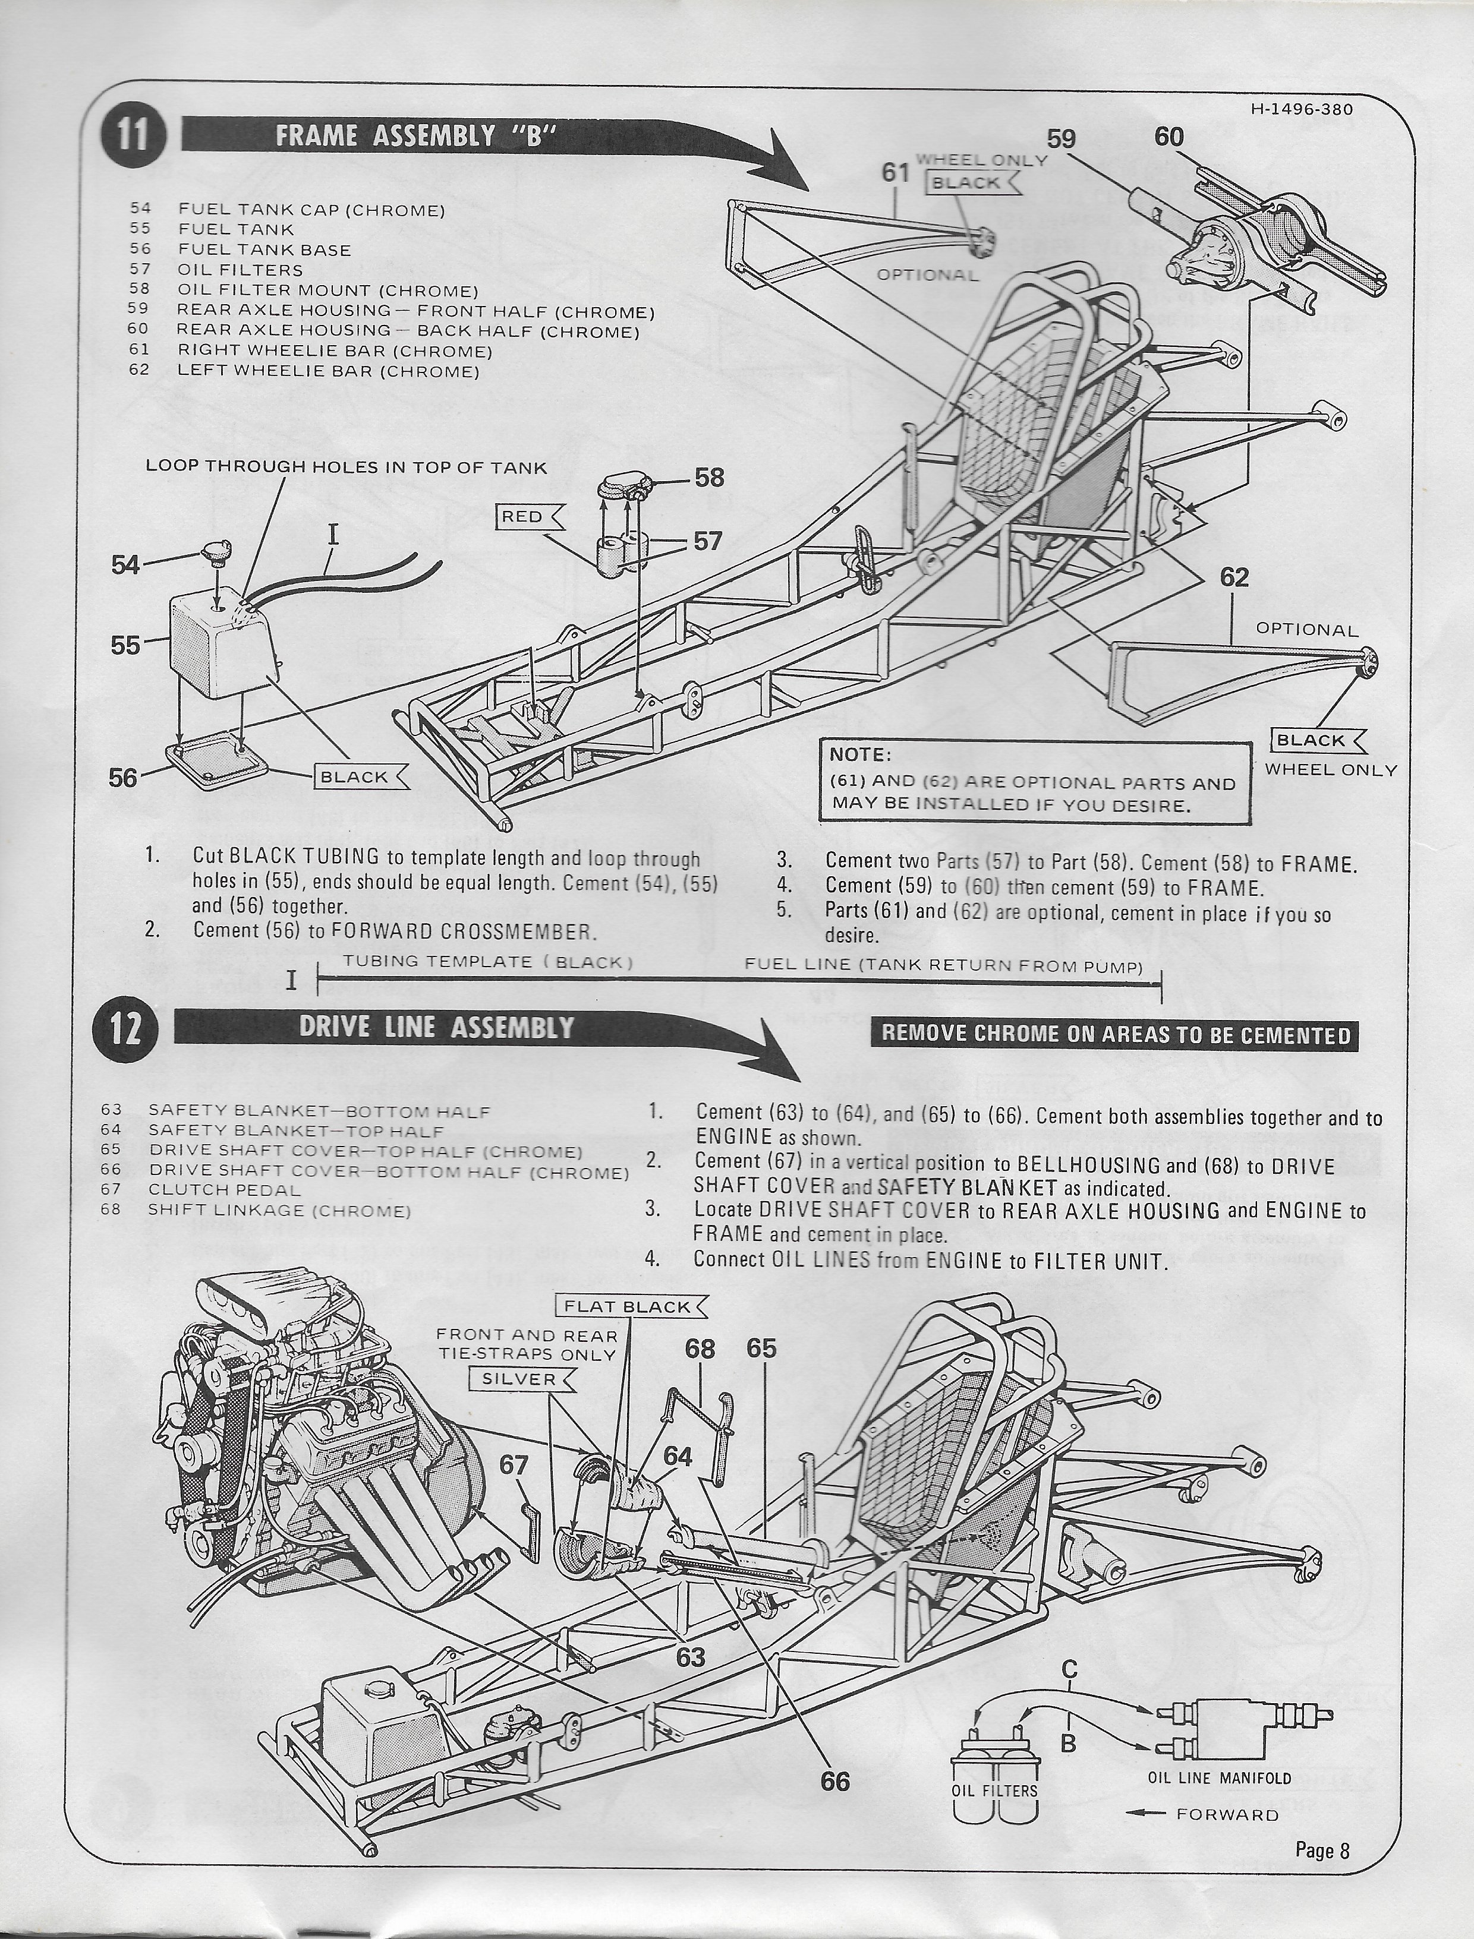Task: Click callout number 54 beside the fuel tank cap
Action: (125, 565)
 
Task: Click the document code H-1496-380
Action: (1302, 110)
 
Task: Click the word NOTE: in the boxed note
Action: (861, 755)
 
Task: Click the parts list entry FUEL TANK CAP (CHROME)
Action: (311, 210)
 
